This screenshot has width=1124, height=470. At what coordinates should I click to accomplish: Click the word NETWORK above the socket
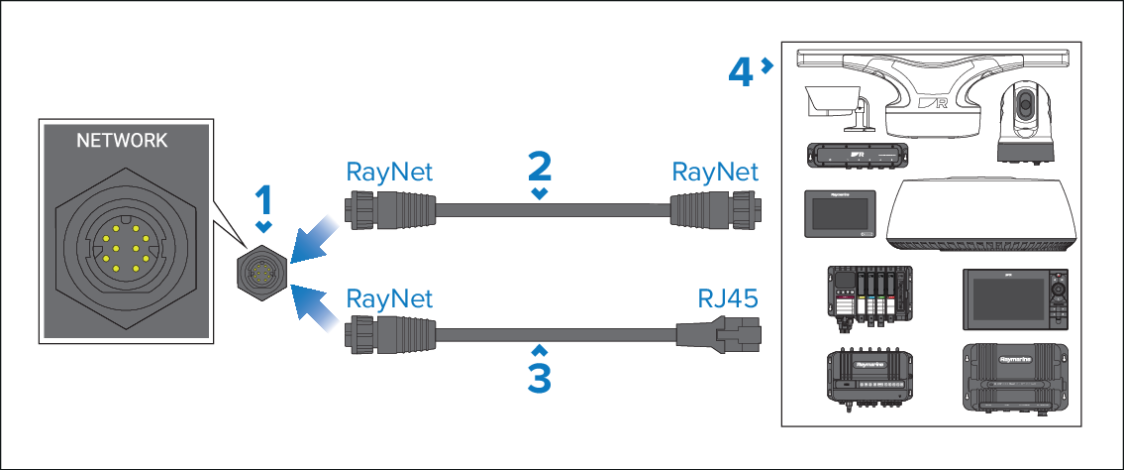[122, 141]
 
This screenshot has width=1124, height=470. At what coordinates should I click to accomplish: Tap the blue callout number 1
[262, 202]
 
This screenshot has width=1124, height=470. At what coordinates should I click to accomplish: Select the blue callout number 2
[538, 166]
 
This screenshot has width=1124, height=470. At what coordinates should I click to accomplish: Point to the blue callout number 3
[538, 377]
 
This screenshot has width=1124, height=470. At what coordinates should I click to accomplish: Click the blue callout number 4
[740, 70]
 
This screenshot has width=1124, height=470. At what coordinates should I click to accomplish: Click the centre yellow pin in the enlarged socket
[122, 249]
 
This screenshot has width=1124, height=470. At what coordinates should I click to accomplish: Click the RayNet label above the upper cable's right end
[715, 171]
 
